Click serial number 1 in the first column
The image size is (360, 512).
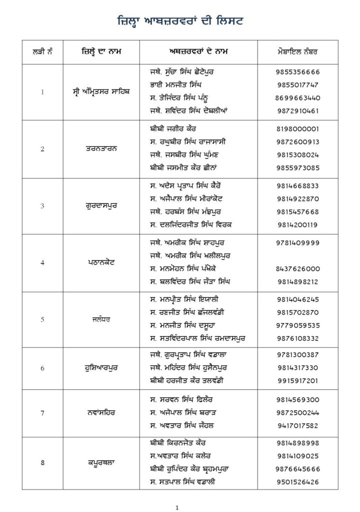(42, 91)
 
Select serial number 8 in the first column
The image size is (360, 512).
(42, 462)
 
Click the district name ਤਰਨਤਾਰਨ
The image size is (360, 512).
(101, 148)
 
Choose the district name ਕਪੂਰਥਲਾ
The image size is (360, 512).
(101, 462)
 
